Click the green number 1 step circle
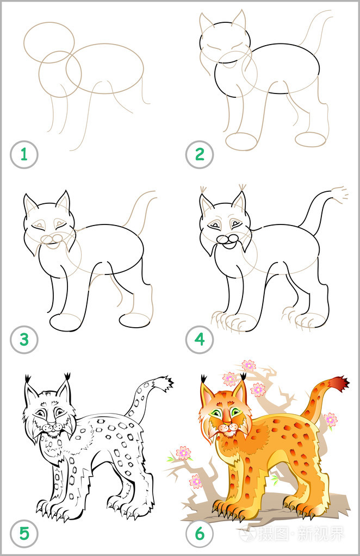(x=24, y=155)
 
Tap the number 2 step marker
(x=200, y=155)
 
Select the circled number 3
(x=24, y=341)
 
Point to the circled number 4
(x=200, y=341)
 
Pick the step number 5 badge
(x=24, y=533)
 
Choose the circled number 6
(x=200, y=533)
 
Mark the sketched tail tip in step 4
(x=339, y=194)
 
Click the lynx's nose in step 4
(x=224, y=239)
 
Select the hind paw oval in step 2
(x=311, y=139)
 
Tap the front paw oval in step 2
(x=241, y=141)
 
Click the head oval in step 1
(x=49, y=42)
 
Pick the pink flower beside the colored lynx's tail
(x=330, y=420)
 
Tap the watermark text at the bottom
(x=305, y=534)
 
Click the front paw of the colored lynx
(x=228, y=508)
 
